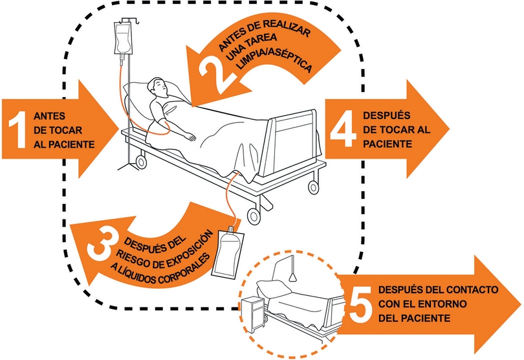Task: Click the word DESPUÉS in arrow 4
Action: click(386, 116)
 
